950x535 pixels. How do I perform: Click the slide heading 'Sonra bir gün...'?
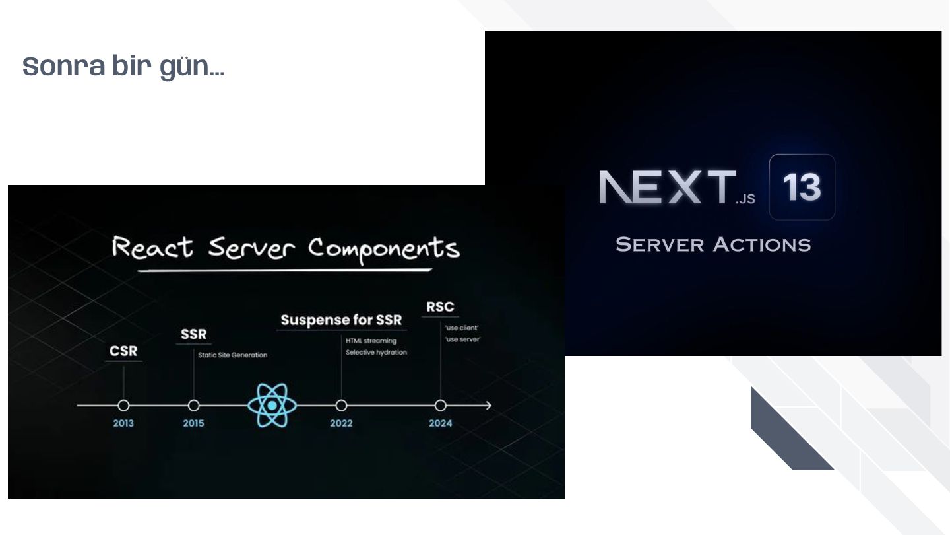coord(123,67)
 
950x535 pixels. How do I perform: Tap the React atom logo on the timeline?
coord(272,406)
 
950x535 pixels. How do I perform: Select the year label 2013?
coord(123,423)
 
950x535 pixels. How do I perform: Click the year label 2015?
coord(193,423)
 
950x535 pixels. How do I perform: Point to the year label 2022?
coord(341,423)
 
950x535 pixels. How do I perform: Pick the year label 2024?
coord(440,423)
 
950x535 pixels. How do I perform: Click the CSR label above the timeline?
coord(123,351)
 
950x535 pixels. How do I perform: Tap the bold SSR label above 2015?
coord(193,334)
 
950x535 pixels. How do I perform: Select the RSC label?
coord(440,307)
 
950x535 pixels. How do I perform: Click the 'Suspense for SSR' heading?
coord(341,320)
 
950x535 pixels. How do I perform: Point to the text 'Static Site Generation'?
coord(233,355)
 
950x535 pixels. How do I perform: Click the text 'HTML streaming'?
coord(371,341)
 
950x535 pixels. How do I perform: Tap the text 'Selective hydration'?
coord(376,353)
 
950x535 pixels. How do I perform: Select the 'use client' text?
coord(462,328)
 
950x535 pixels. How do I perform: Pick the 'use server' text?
coord(462,339)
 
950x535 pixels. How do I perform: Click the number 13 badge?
coord(802,187)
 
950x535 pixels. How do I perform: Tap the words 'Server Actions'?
coord(713,245)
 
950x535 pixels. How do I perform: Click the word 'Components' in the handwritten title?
coord(383,250)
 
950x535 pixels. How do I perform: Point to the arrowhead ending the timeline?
coord(488,406)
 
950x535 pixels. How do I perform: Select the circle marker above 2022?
coord(341,406)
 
